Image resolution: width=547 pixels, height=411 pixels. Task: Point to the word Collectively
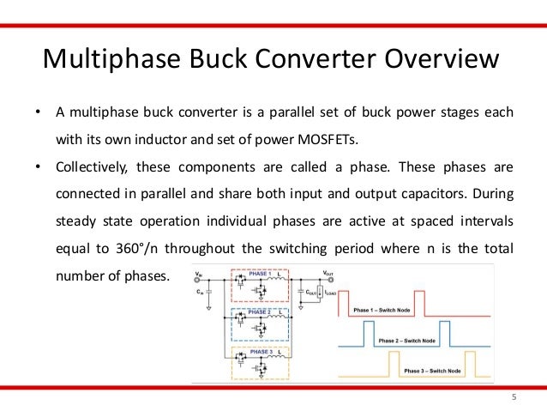(x=91, y=166)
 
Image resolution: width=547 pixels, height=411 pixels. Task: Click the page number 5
(x=514, y=397)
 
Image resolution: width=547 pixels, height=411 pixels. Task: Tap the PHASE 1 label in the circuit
(x=260, y=275)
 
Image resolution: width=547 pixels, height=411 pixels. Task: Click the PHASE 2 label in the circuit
(x=260, y=311)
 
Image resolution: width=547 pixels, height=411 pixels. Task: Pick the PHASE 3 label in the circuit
(x=260, y=352)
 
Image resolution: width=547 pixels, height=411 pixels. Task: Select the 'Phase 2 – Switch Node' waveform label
(x=404, y=341)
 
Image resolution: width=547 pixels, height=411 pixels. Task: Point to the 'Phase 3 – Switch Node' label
(x=431, y=372)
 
